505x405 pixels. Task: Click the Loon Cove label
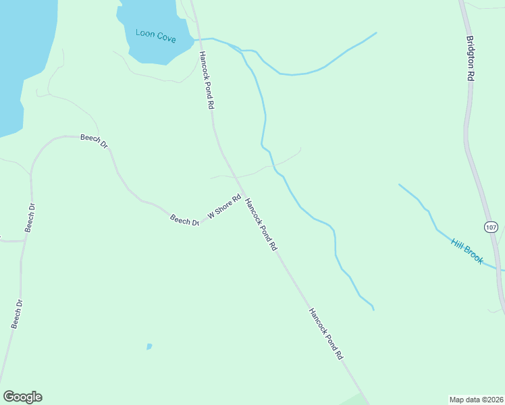tap(155, 35)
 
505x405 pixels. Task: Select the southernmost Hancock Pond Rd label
tap(326, 334)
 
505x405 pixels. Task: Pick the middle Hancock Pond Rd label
tap(261, 225)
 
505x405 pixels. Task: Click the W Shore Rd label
tap(224, 207)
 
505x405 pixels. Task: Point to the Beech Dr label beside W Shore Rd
tap(184, 220)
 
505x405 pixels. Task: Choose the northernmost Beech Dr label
tap(94, 140)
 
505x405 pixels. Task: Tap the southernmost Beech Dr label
tap(17, 314)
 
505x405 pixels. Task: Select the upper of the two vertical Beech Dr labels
tap(30, 217)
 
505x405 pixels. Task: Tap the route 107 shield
tap(491, 227)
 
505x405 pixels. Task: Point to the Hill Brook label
tap(467, 250)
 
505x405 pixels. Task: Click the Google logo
tap(22, 397)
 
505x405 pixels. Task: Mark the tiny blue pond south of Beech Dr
tap(149, 347)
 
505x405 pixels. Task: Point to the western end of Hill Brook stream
tap(400, 184)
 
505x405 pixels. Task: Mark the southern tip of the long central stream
tap(373, 310)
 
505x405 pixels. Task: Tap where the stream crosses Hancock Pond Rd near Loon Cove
tap(200, 39)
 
